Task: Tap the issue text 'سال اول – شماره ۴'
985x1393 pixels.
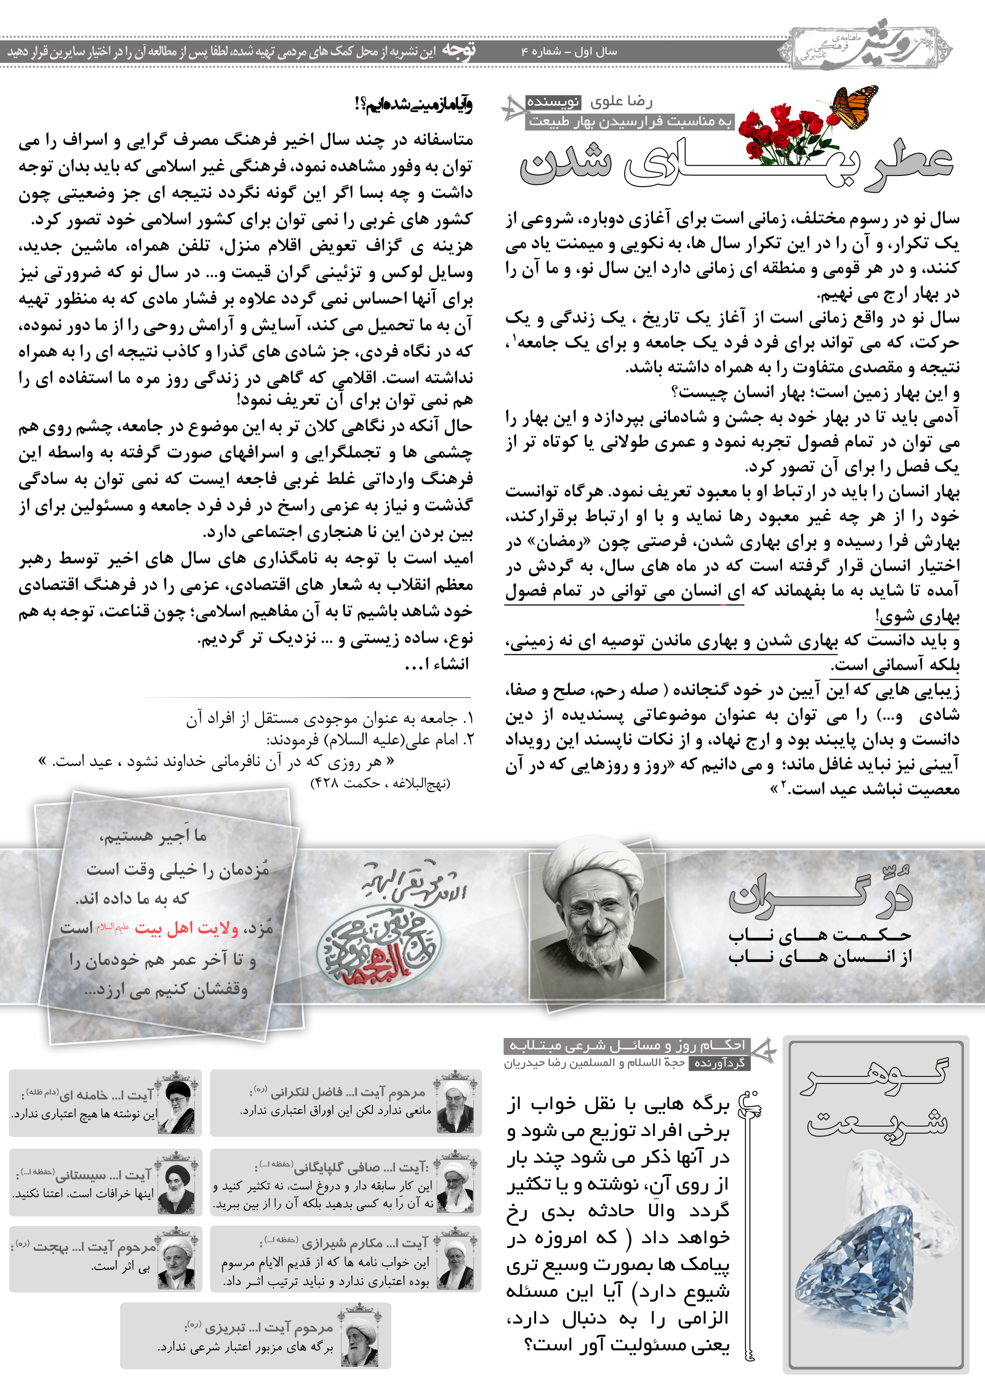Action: pyautogui.click(x=569, y=52)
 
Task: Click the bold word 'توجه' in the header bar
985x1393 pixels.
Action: pyautogui.click(x=459, y=50)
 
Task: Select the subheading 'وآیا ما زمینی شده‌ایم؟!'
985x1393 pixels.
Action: pyautogui.click(x=413, y=104)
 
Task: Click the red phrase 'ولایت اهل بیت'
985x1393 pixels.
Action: pyautogui.click(x=186, y=928)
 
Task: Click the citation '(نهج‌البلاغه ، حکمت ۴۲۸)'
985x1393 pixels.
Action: pyautogui.click(x=380, y=783)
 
